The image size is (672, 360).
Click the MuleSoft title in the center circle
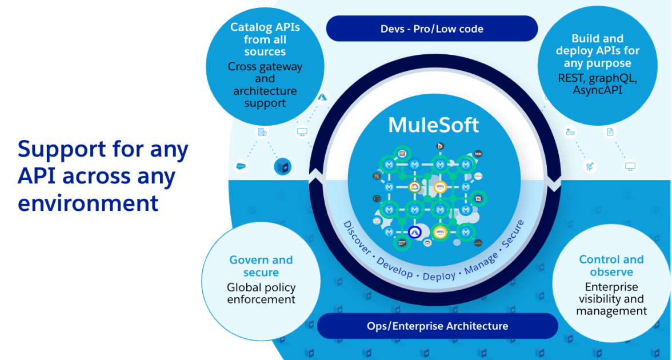[x=434, y=125]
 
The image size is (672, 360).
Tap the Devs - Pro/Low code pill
[x=431, y=29]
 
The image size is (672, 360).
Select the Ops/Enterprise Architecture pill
[x=437, y=326]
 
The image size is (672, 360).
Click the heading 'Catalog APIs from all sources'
[x=265, y=39]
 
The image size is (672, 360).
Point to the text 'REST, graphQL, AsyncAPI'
[x=597, y=83]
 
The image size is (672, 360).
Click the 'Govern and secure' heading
[x=261, y=266]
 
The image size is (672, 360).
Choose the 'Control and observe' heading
[x=611, y=266]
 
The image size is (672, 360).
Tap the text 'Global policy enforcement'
[x=261, y=293]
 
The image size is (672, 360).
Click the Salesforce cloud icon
[x=241, y=166]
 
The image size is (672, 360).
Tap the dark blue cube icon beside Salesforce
[x=283, y=166]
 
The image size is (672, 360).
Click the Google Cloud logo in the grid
[x=415, y=187]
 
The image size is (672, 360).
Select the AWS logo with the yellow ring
[x=439, y=232]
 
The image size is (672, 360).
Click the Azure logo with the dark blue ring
[x=415, y=232]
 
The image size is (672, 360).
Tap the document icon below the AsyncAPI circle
[x=610, y=133]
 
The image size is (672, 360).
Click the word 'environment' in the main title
[x=88, y=203]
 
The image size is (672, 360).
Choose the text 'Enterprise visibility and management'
[x=611, y=299]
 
